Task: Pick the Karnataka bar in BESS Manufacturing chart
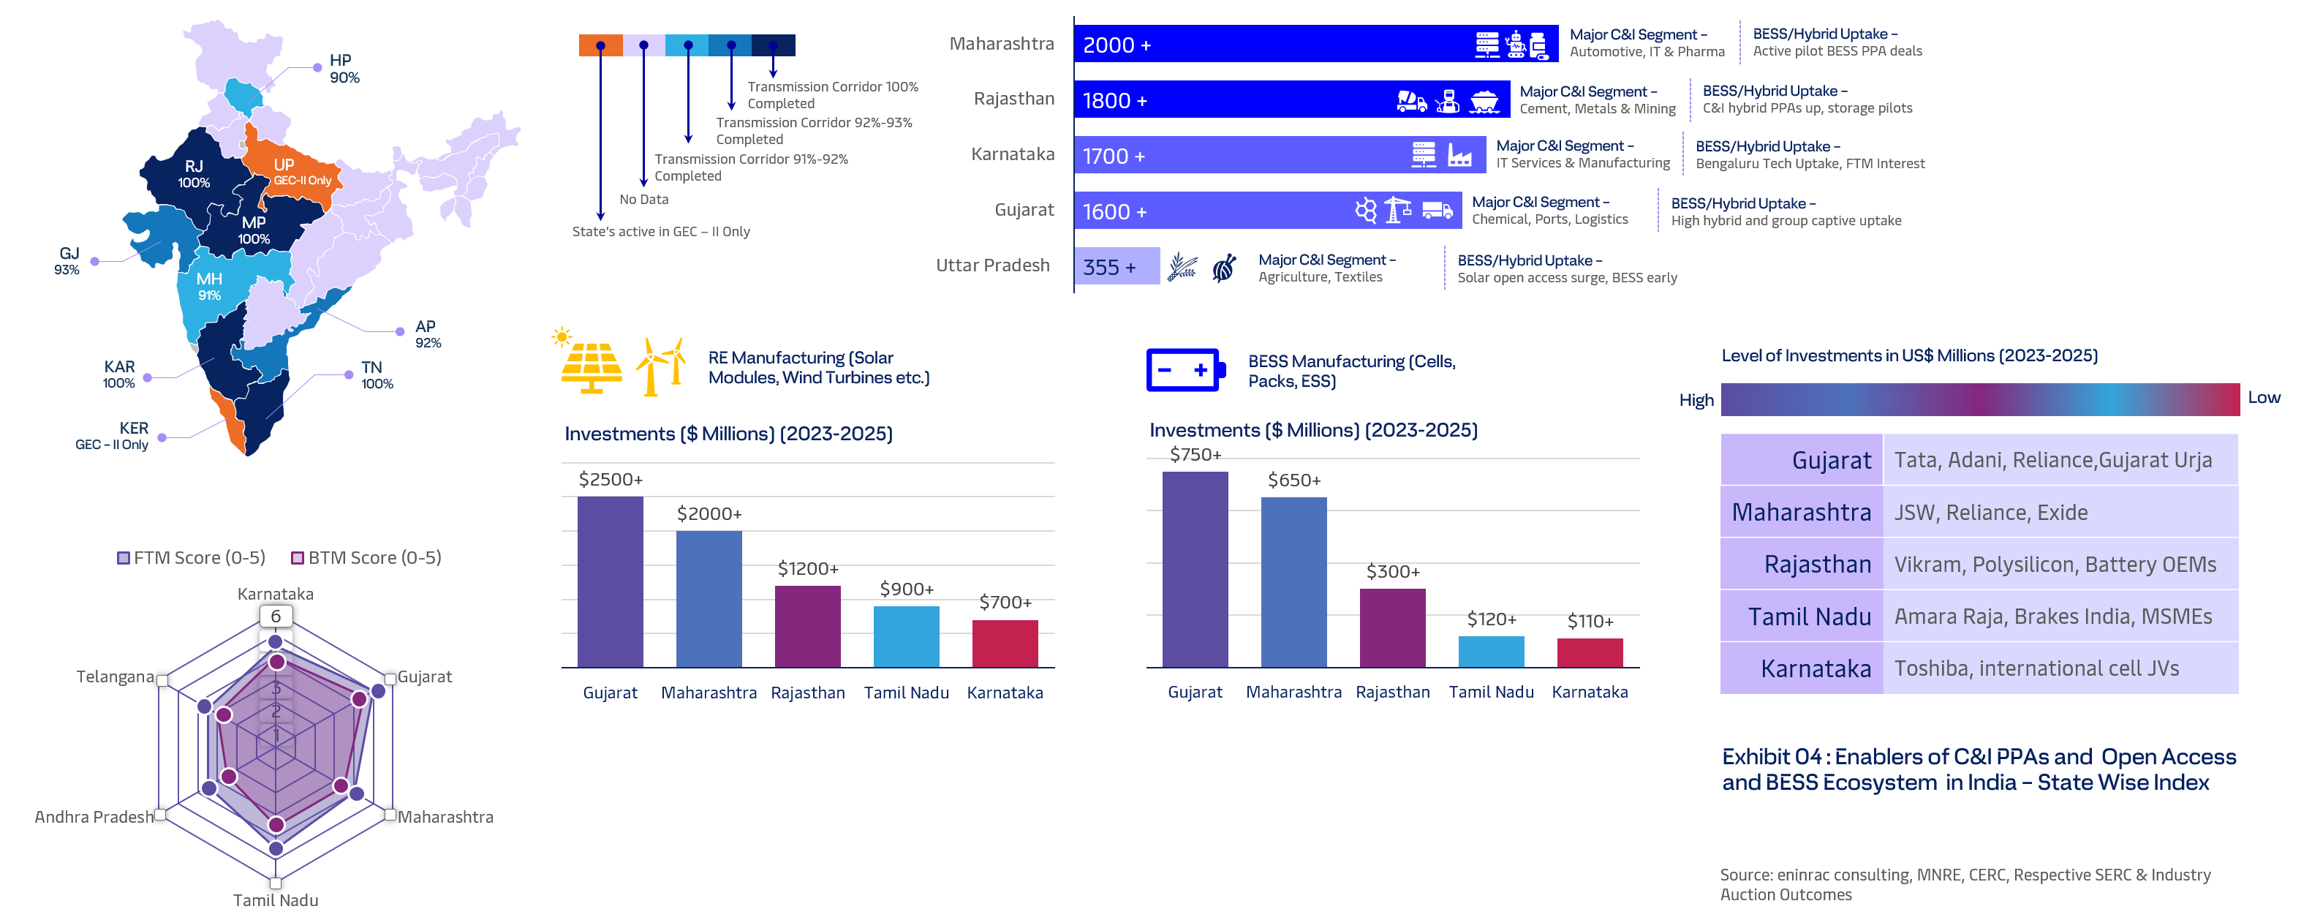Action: [1589, 652]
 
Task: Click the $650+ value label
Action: [1293, 480]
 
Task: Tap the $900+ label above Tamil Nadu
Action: [907, 589]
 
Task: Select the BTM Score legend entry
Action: [366, 558]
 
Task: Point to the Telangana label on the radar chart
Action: [115, 676]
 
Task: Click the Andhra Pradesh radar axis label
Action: [94, 817]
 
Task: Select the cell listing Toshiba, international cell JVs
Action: [2059, 668]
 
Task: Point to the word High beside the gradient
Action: [1696, 400]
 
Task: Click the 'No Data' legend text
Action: [643, 199]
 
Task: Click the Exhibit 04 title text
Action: [1977, 769]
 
